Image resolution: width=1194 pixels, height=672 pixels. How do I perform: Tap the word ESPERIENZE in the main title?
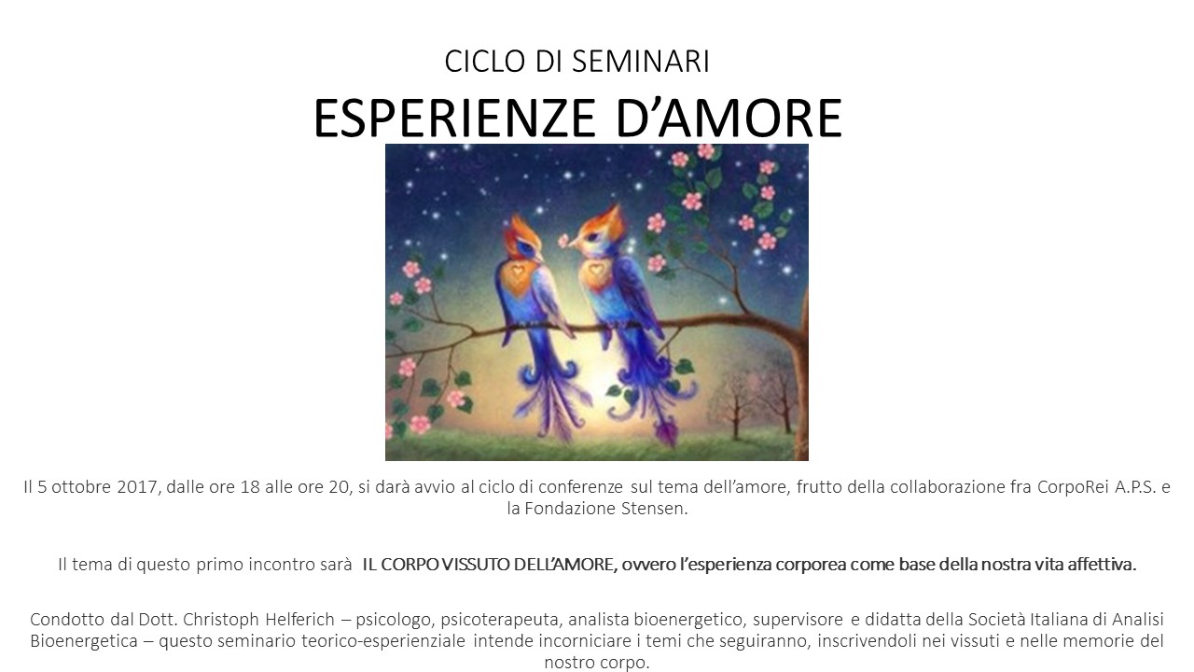[x=453, y=119]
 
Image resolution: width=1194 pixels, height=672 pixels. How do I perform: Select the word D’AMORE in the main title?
[x=729, y=119]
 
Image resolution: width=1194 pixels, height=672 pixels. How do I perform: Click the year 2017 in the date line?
[x=136, y=487]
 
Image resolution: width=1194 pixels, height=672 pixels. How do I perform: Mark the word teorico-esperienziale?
[x=383, y=641]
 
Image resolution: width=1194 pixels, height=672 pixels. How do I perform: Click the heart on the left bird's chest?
[x=517, y=273]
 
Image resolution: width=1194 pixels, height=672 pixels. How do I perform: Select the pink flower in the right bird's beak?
[x=563, y=241]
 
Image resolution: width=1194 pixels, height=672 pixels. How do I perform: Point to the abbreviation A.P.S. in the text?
[x=1134, y=487]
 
